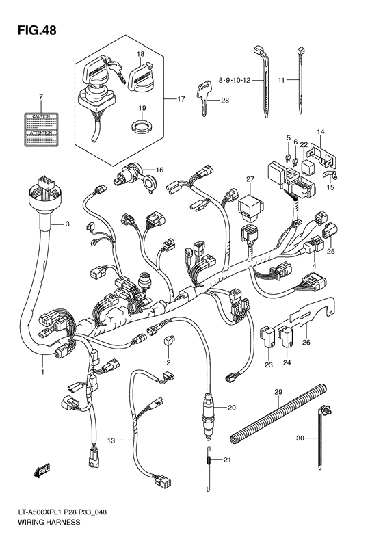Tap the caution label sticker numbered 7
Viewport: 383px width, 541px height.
click(41, 129)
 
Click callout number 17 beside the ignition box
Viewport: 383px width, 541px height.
click(181, 100)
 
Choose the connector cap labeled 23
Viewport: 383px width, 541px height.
click(268, 336)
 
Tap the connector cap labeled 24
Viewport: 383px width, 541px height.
click(287, 336)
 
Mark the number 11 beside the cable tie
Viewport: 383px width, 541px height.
click(282, 80)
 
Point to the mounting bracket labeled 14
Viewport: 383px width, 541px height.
click(323, 154)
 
